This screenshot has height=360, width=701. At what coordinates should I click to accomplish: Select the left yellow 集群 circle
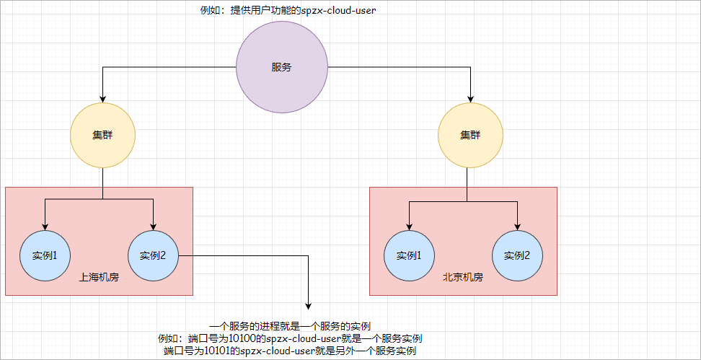[102, 135]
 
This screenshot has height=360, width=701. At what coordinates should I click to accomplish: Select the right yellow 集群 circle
[470, 135]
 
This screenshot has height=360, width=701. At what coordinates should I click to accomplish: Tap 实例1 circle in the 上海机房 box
[45, 255]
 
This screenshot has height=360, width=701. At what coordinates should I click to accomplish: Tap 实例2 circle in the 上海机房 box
[153, 255]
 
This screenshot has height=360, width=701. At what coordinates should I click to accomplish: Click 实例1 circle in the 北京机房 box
[409, 255]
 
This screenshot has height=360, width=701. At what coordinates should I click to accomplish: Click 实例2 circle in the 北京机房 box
[516, 255]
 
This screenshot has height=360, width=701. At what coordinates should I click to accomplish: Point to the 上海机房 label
[99, 277]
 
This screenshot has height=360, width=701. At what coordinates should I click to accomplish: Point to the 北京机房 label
[462, 277]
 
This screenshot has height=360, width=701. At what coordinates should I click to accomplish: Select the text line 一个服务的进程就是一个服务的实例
[289, 326]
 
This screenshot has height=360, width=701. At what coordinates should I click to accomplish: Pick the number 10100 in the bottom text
[242, 338]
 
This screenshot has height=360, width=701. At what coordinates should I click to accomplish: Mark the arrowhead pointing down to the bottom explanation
[309, 306]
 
